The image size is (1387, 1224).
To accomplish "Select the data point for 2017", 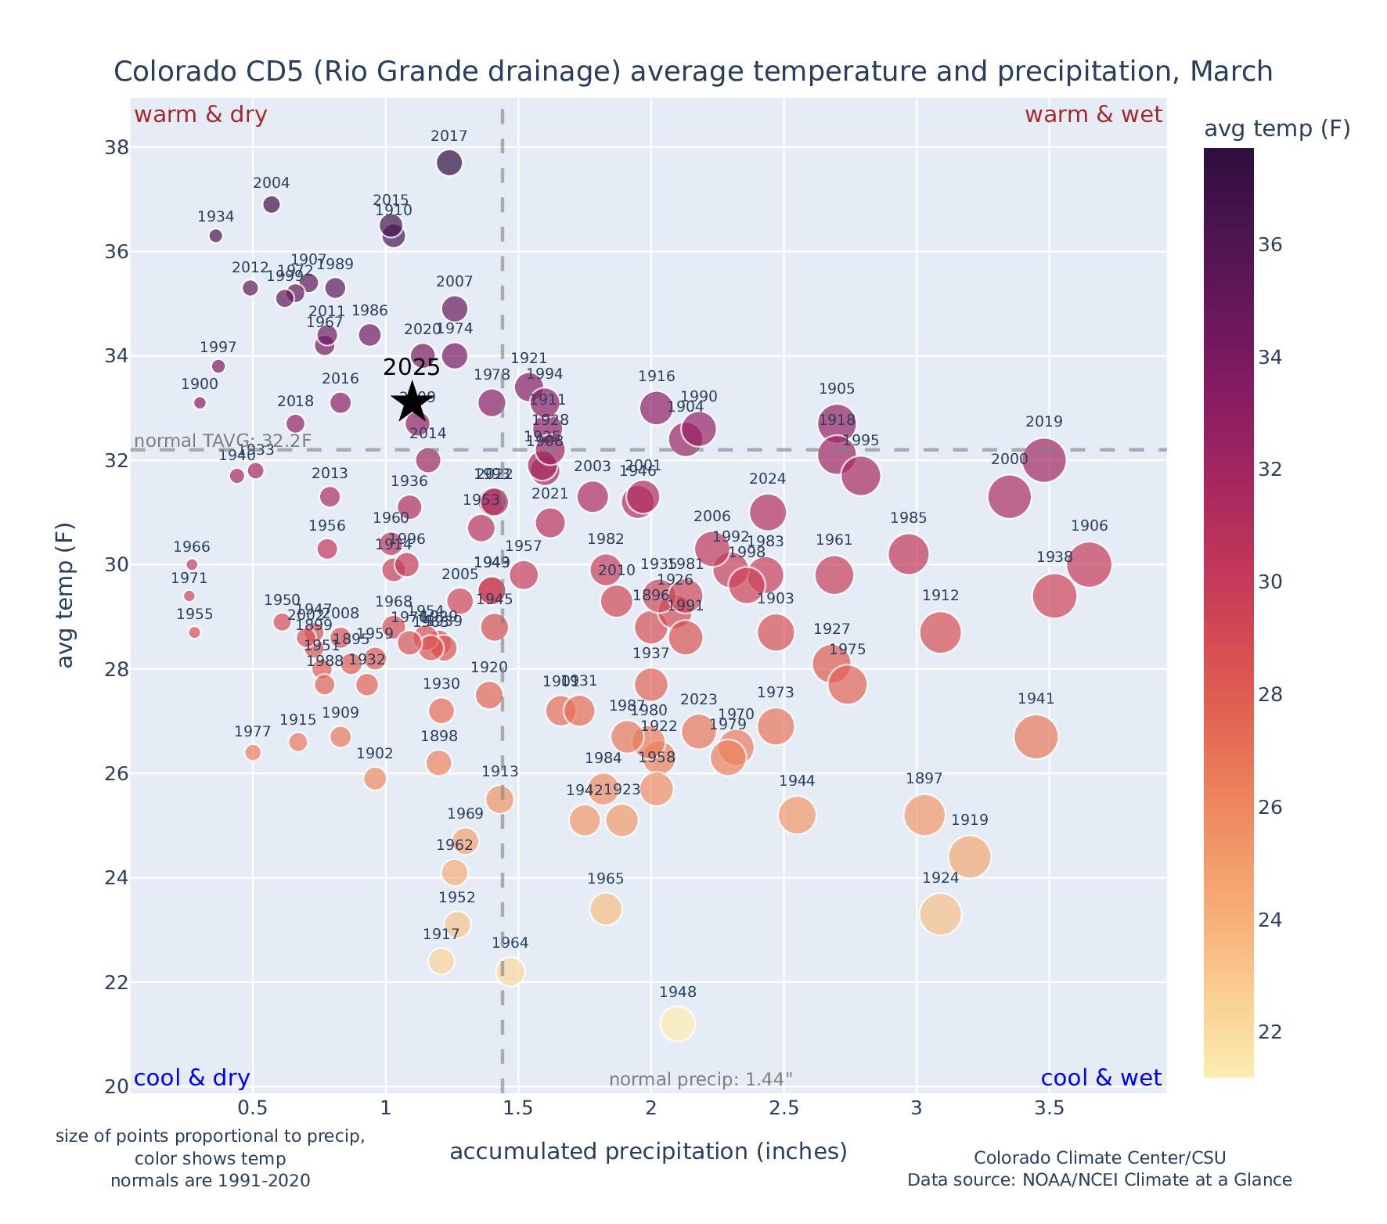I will tap(449, 163).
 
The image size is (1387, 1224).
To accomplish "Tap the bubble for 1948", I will tap(678, 1024).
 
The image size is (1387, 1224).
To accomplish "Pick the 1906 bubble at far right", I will tap(1089, 564).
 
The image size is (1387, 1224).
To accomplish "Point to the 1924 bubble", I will tap(941, 914).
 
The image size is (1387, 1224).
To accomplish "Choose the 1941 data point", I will tap(1036, 736).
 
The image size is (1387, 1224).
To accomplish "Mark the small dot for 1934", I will tap(216, 236).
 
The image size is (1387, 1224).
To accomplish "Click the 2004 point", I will tap(272, 204).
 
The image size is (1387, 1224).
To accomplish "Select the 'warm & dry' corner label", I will tap(200, 115).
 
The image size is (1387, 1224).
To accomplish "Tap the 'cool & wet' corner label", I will tap(1101, 1078).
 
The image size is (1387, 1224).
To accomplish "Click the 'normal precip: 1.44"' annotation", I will tap(701, 1079).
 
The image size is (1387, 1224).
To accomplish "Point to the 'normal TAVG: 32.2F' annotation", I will tap(223, 441).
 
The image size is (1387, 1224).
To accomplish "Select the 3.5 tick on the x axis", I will tap(1049, 1108).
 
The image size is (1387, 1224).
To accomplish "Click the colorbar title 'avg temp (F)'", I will tap(1277, 129).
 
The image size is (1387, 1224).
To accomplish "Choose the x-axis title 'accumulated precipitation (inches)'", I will tap(648, 1151).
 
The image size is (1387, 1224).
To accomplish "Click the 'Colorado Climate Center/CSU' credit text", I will tap(1100, 1157).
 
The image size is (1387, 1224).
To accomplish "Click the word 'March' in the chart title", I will tap(1230, 72).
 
